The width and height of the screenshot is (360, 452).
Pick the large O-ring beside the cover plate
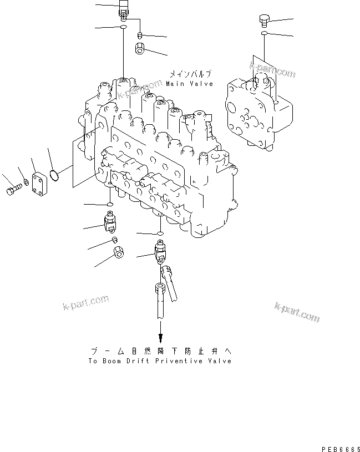tap(54, 175)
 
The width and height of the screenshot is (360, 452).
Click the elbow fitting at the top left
tap(125, 9)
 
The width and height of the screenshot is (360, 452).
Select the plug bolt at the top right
tap(263, 21)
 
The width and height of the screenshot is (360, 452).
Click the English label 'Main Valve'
tap(189, 84)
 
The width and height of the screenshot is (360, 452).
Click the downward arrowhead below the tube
tap(160, 338)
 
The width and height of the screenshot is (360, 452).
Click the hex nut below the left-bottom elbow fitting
tap(118, 252)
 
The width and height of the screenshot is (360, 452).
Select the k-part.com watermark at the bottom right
tap(297, 313)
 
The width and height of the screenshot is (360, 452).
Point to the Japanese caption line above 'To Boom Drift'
tap(161, 351)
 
